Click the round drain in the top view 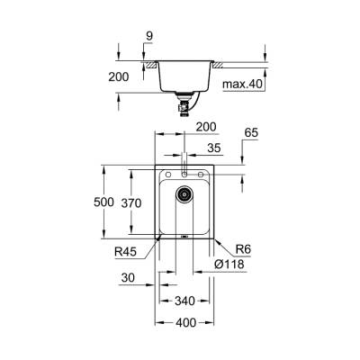(184, 193)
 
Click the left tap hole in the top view (168, 175)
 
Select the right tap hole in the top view (202, 175)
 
